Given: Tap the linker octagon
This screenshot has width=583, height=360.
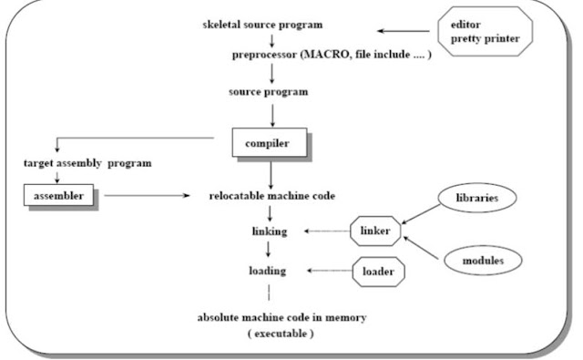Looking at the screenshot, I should coord(376,232).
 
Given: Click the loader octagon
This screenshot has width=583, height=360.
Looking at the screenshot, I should coord(378,271).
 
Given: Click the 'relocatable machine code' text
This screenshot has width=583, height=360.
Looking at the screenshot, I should coord(271,195).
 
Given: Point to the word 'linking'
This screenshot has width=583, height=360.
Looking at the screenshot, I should coord(269,231).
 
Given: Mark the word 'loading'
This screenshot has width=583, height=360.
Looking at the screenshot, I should coord(269,271).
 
